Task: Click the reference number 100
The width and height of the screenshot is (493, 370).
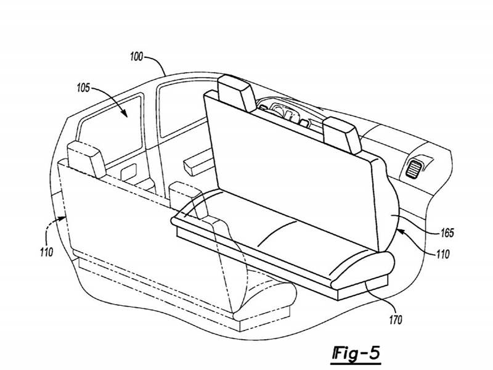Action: [x=136, y=57]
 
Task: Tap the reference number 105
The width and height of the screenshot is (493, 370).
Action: [x=83, y=88]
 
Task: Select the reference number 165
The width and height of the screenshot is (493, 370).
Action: [x=447, y=233]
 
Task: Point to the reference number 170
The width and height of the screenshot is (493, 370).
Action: [x=396, y=320]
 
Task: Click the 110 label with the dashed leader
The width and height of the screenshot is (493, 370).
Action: [x=46, y=252]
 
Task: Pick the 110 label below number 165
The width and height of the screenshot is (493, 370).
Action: [x=442, y=254]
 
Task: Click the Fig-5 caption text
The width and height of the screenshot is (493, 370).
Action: [x=356, y=353]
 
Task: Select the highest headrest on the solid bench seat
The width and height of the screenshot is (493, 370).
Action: [x=236, y=93]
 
